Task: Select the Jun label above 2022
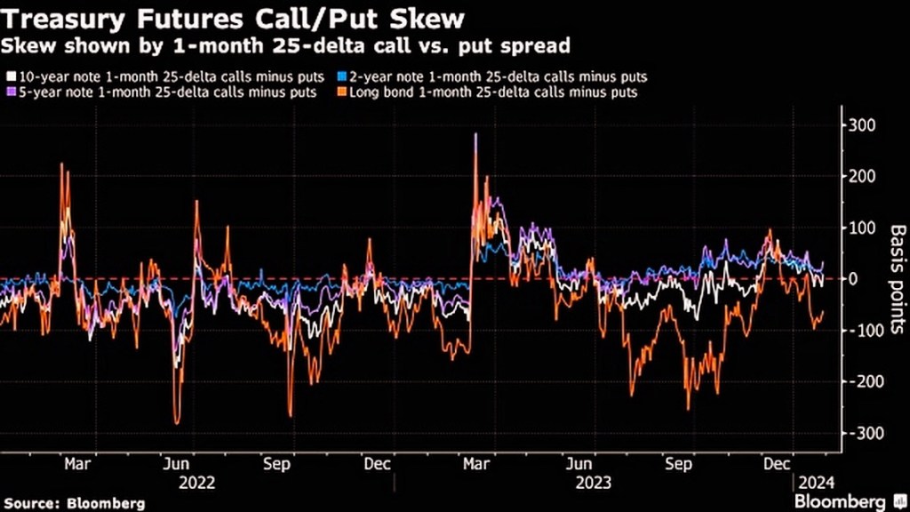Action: pyautogui.click(x=176, y=464)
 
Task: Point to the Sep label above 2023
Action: pyautogui.click(x=679, y=464)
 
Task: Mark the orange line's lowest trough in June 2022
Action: pyautogui.click(x=178, y=423)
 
